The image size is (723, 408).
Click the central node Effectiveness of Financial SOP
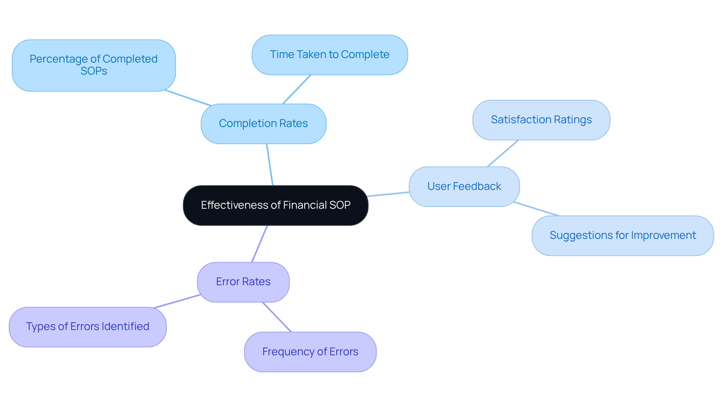[x=276, y=205]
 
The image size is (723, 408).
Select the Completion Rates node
[x=263, y=124]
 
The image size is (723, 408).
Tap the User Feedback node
[x=464, y=186]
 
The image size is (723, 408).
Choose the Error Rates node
[x=243, y=282]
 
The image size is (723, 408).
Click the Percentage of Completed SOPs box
[x=94, y=65]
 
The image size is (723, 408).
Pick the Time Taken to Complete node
[x=329, y=55]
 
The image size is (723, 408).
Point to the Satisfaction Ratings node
[x=541, y=120]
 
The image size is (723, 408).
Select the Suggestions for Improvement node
[x=622, y=235]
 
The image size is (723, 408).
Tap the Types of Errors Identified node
[x=88, y=327]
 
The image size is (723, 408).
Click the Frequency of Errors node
[x=310, y=352]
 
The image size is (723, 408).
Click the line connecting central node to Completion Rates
[x=270, y=165]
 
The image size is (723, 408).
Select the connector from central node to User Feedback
[x=389, y=194]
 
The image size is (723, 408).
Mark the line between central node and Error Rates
[x=259, y=244]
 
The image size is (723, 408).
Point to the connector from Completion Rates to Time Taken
[x=297, y=89]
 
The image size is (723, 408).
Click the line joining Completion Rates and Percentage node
[x=188, y=98]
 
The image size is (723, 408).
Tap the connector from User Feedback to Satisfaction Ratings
[x=503, y=153]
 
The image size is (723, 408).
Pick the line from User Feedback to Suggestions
[x=536, y=209]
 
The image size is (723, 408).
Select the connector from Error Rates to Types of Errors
[x=177, y=301]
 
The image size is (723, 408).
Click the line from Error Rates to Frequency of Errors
[x=277, y=317]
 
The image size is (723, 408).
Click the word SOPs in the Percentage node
[x=94, y=71]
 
